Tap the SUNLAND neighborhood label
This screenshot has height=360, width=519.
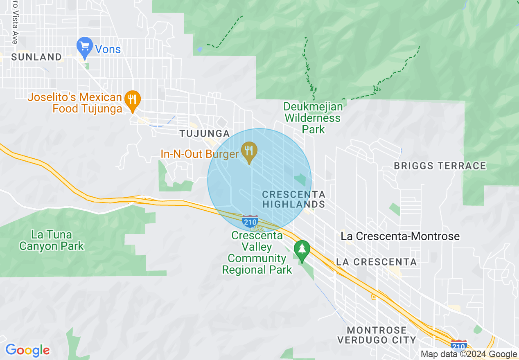point(36,57)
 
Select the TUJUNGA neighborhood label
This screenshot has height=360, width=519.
point(204,133)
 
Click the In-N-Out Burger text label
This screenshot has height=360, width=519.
point(199,154)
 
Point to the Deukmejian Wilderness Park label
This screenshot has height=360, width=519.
point(313,118)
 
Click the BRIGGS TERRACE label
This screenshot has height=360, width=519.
point(440,166)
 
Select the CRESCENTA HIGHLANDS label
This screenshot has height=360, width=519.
point(293,199)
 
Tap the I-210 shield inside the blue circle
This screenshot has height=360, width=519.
point(250,221)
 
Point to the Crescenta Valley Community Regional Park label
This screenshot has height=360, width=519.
point(257,253)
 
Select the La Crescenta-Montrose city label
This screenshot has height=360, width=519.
point(400,236)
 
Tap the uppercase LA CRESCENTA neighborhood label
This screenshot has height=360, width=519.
point(376,262)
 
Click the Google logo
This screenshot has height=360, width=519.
point(27,350)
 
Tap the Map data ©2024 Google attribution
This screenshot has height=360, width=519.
point(469,354)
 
